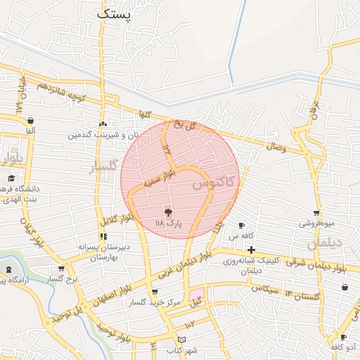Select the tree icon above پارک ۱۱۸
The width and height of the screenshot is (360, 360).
click(167, 212)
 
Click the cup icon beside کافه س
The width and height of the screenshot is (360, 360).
click(242, 226)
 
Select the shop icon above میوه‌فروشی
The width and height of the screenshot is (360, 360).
click(317, 213)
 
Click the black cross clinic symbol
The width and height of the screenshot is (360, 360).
click(251, 249)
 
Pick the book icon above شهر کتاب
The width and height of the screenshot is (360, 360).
click(182, 340)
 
